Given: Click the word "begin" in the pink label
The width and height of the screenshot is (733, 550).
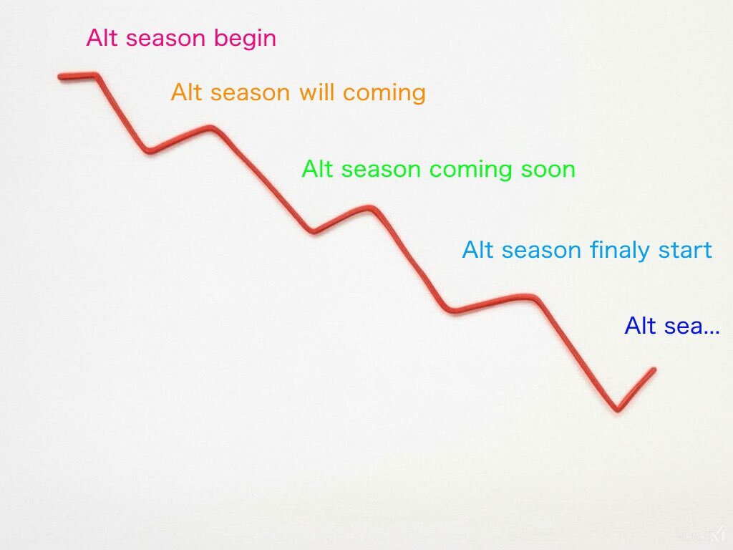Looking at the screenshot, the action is pyautogui.click(x=245, y=39).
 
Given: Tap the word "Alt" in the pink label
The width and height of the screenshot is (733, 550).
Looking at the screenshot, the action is pyautogui.click(x=102, y=37).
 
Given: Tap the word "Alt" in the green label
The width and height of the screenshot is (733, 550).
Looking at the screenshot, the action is pyautogui.click(x=317, y=169).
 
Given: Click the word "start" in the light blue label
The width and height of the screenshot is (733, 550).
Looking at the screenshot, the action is pyautogui.click(x=685, y=250).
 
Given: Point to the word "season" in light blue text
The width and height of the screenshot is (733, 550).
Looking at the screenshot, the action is pyautogui.click(x=541, y=251).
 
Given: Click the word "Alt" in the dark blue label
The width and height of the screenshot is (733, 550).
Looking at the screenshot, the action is pyautogui.click(x=640, y=326).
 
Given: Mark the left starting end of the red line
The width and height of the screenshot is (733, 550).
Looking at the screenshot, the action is pyautogui.click(x=60, y=76).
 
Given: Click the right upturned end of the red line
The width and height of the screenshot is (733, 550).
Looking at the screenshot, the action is pyautogui.click(x=654, y=370).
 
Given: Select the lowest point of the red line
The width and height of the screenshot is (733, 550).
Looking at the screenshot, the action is pyautogui.click(x=618, y=409).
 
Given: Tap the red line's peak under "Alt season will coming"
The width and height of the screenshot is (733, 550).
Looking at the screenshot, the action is pyautogui.click(x=211, y=127).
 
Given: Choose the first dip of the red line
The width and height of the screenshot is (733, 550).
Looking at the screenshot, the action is pyautogui.click(x=150, y=150).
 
